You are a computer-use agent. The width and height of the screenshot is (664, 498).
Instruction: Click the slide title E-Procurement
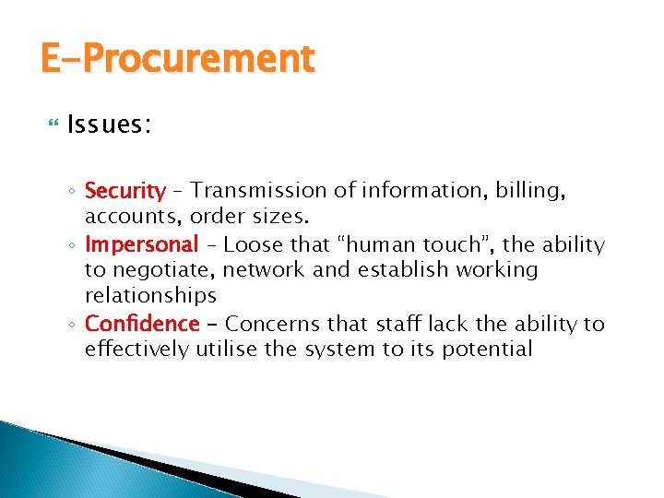pos(177,59)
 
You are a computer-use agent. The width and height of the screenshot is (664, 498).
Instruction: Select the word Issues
pos(110,125)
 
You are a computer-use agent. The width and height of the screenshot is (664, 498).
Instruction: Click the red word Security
pos(124,191)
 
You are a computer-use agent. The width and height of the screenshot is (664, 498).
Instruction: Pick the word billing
pos(528,191)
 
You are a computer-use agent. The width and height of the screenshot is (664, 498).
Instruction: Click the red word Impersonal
pos(141,244)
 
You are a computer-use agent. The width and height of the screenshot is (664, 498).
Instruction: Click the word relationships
pos(150,296)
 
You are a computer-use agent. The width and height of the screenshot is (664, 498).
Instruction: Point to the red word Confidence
pos(141,324)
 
